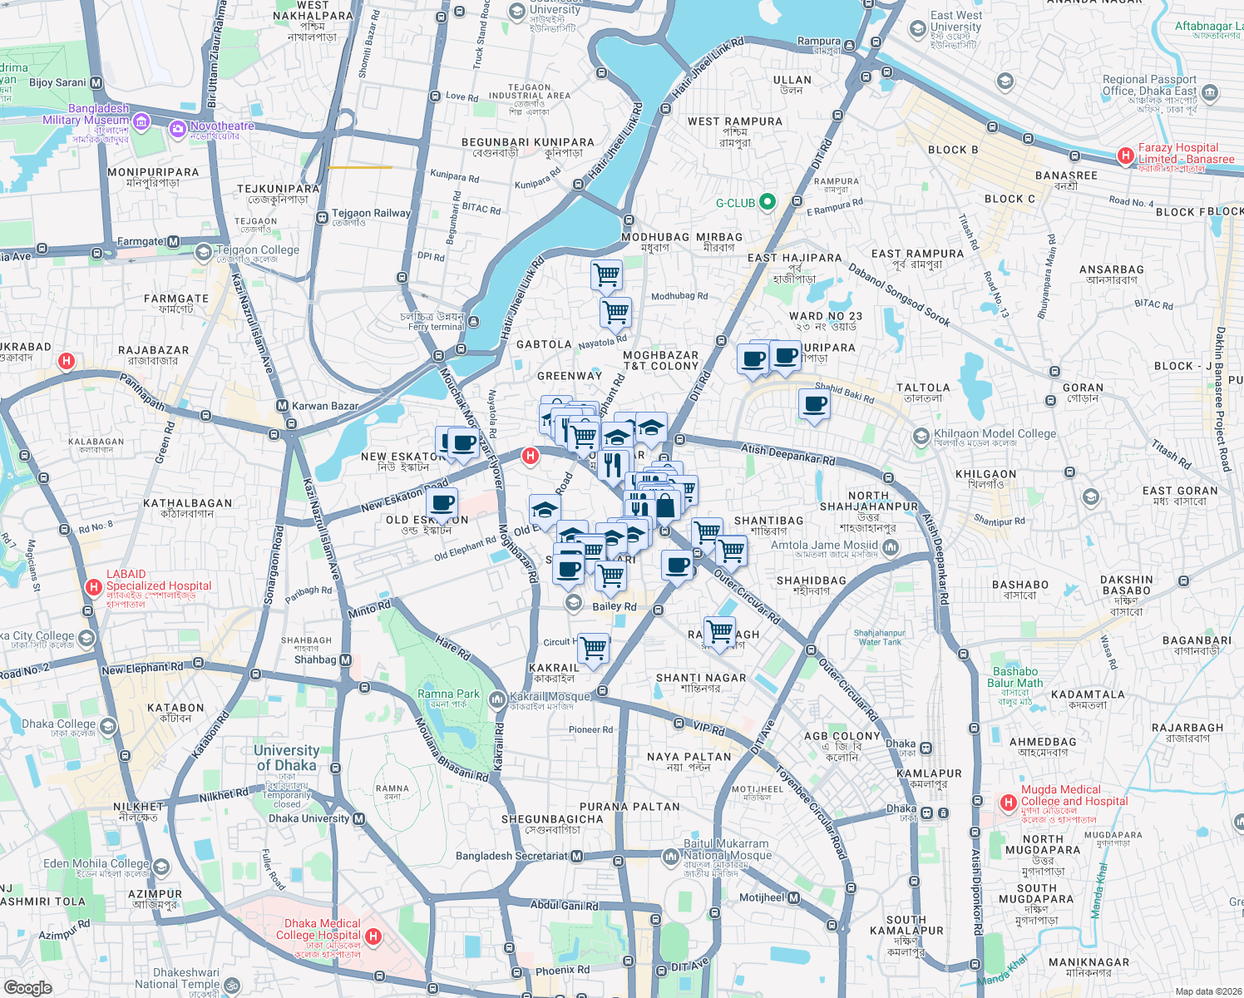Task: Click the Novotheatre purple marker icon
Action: coord(177,129)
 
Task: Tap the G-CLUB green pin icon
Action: coord(768,202)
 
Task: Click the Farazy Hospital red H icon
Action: coord(1126,156)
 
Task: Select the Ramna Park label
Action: coord(448,694)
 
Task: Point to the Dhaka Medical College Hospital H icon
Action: coord(373,936)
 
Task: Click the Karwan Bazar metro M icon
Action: coord(282,406)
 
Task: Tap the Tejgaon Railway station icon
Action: coord(322,217)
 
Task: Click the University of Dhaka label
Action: coord(286,758)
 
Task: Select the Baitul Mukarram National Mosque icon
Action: coord(671,856)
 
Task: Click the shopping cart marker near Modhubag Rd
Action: coord(615,314)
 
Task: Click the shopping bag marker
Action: coord(666,505)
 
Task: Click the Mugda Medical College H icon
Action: coord(1009,803)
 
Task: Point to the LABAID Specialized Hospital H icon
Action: coord(94,587)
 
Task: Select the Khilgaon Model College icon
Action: coord(921,436)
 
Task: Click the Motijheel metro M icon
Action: coord(793,897)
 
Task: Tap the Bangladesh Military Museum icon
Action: coord(141,124)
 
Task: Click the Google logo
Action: coord(27,987)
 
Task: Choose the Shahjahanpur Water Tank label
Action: coord(880,637)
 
